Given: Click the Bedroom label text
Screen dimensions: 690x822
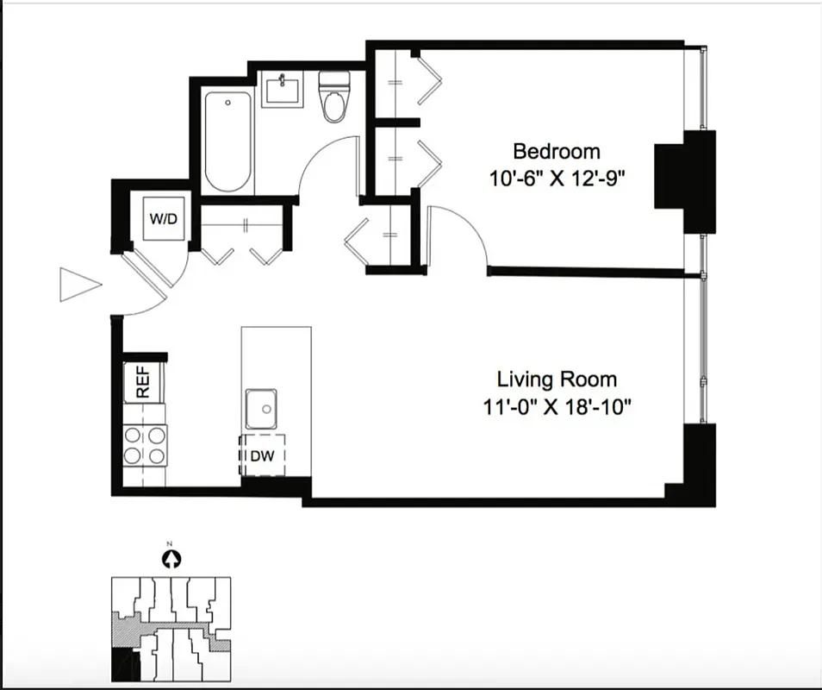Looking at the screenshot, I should pos(556,152).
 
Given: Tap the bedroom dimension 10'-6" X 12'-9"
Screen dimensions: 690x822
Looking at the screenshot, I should pos(556,179).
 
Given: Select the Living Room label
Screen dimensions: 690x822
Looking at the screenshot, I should pos(557,379).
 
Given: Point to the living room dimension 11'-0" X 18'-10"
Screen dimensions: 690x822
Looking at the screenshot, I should pos(557,406).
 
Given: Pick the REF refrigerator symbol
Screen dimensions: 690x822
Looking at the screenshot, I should pos(143,382).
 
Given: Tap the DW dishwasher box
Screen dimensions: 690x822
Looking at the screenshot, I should pos(261,456).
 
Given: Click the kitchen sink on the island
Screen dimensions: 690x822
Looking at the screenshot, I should pos(263,409).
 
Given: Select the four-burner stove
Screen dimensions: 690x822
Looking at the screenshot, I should pos(144,445).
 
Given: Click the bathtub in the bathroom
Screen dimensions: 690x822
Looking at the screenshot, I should pos(228,143).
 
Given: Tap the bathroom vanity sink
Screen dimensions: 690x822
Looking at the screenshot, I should pos(282,90).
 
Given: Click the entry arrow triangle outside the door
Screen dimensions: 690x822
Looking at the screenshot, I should pos(78,285).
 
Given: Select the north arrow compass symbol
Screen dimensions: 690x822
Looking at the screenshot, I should pos(171,559).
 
